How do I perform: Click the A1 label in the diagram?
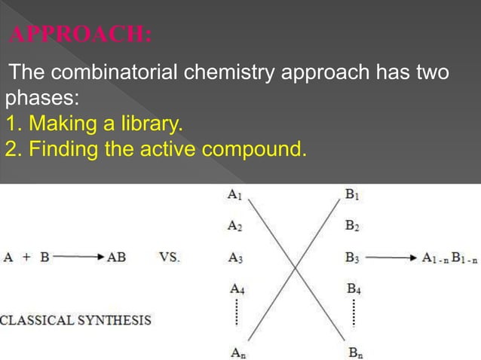click(235, 194)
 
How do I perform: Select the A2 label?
click(235, 224)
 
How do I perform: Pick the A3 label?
click(235, 257)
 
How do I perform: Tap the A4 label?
click(237, 288)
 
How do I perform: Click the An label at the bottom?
click(237, 350)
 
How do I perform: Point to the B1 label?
click(351, 194)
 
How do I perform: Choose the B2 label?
click(351, 224)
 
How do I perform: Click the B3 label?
click(351, 257)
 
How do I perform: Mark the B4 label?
click(354, 288)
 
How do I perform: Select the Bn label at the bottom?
click(354, 350)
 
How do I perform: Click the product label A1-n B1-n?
click(450, 258)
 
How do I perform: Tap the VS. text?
click(170, 257)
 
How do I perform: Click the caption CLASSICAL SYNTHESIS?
click(75, 320)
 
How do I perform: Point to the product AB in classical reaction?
click(117, 257)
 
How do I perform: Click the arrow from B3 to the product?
click(391, 258)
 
